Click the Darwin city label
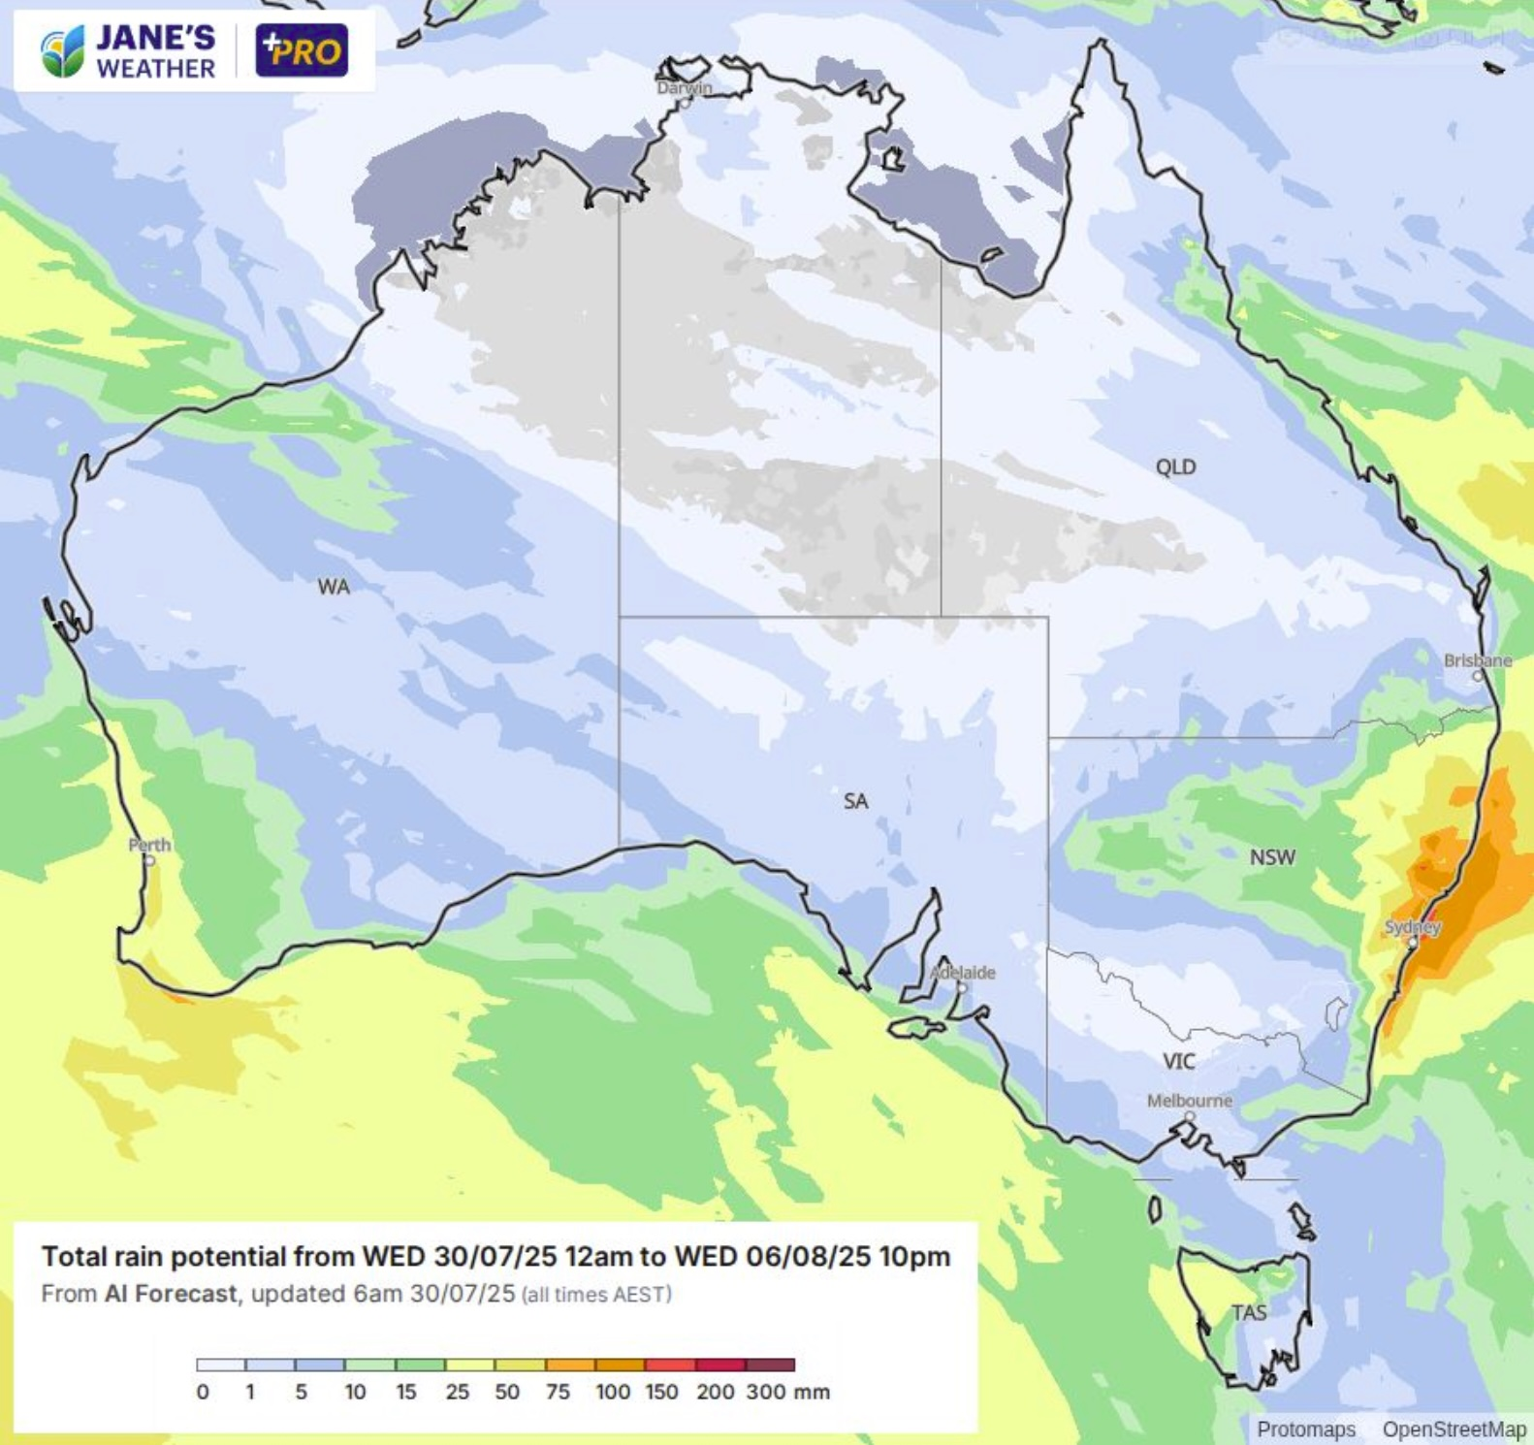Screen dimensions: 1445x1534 coord(685,87)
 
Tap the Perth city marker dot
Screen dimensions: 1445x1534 coord(149,860)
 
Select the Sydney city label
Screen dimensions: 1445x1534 coord(1413,927)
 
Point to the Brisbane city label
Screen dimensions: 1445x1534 coord(1477,660)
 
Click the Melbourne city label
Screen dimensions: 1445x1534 coord(1190,1101)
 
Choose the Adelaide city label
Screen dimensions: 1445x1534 coord(963,972)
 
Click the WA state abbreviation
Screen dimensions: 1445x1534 coord(334,587)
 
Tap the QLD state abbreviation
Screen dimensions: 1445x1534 coord(1175,467)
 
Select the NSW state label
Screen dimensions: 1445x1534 coord(1272,857)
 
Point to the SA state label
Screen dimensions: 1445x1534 coord(855,801)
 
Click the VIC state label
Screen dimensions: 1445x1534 coord(1179,1062)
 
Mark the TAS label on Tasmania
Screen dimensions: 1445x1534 coord(1249,1313)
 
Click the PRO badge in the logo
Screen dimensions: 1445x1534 coord(303,50)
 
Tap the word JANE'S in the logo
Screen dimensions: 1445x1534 coord(155,38)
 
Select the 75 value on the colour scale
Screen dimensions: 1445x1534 coord(558,1393)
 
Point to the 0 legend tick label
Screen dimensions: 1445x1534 coord(203,1393)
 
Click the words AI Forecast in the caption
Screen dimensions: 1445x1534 coord(171,1294)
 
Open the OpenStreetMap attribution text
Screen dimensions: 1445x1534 coord(1454,1429)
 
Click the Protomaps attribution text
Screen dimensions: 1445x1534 coord(1306,1429)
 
